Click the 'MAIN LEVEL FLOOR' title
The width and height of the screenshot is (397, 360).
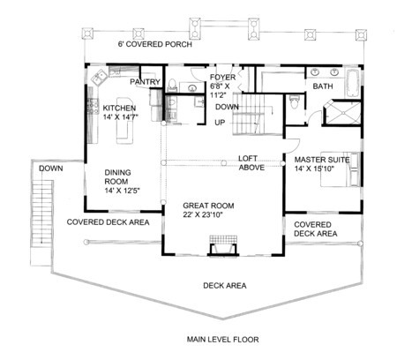pyautogui.click(x=223, y=340)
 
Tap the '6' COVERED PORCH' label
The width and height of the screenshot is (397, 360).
pyautogui.click(x=155, y=44)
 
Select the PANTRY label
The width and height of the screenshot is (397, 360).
pyautogui.click(x=145, y=82)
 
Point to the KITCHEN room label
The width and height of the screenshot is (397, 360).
pyautogui.click(x=119, y=108)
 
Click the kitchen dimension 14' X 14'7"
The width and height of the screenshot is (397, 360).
pyautogui.click(x=120, y=117)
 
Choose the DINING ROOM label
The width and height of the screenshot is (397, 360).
pyautogui.click(x=117, y=176)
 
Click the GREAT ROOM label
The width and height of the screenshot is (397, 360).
pyautogui.click(x=208, y=206)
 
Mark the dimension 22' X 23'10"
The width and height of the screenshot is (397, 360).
pyautogui.click(x=202, y=215)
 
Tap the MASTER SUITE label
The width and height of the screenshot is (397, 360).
pyautogui.click(x=322, y=160)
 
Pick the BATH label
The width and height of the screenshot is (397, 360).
pyautogui.click(x=323, y=86)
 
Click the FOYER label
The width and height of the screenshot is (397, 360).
pyautogui.click(x=222, y=78)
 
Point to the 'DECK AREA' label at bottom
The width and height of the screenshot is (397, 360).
pyautogui.click(x=225, y=286)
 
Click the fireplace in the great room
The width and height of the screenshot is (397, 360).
pyautogui.click(x=223, y=245)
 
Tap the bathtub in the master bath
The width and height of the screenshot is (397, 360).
pyautogui.click(x=352, y=83)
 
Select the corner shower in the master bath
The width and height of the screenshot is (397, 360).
pyautogui.click(x=341, y=113)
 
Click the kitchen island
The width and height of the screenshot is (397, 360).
pyautogui.click(x=124, y=121)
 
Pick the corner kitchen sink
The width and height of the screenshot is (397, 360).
pyautogui.click(x=100, y=77)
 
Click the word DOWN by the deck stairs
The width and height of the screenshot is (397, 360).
pyautogui.click(x=51, y=169)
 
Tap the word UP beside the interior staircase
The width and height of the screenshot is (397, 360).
pyautogui.click(x=220, y=123)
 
